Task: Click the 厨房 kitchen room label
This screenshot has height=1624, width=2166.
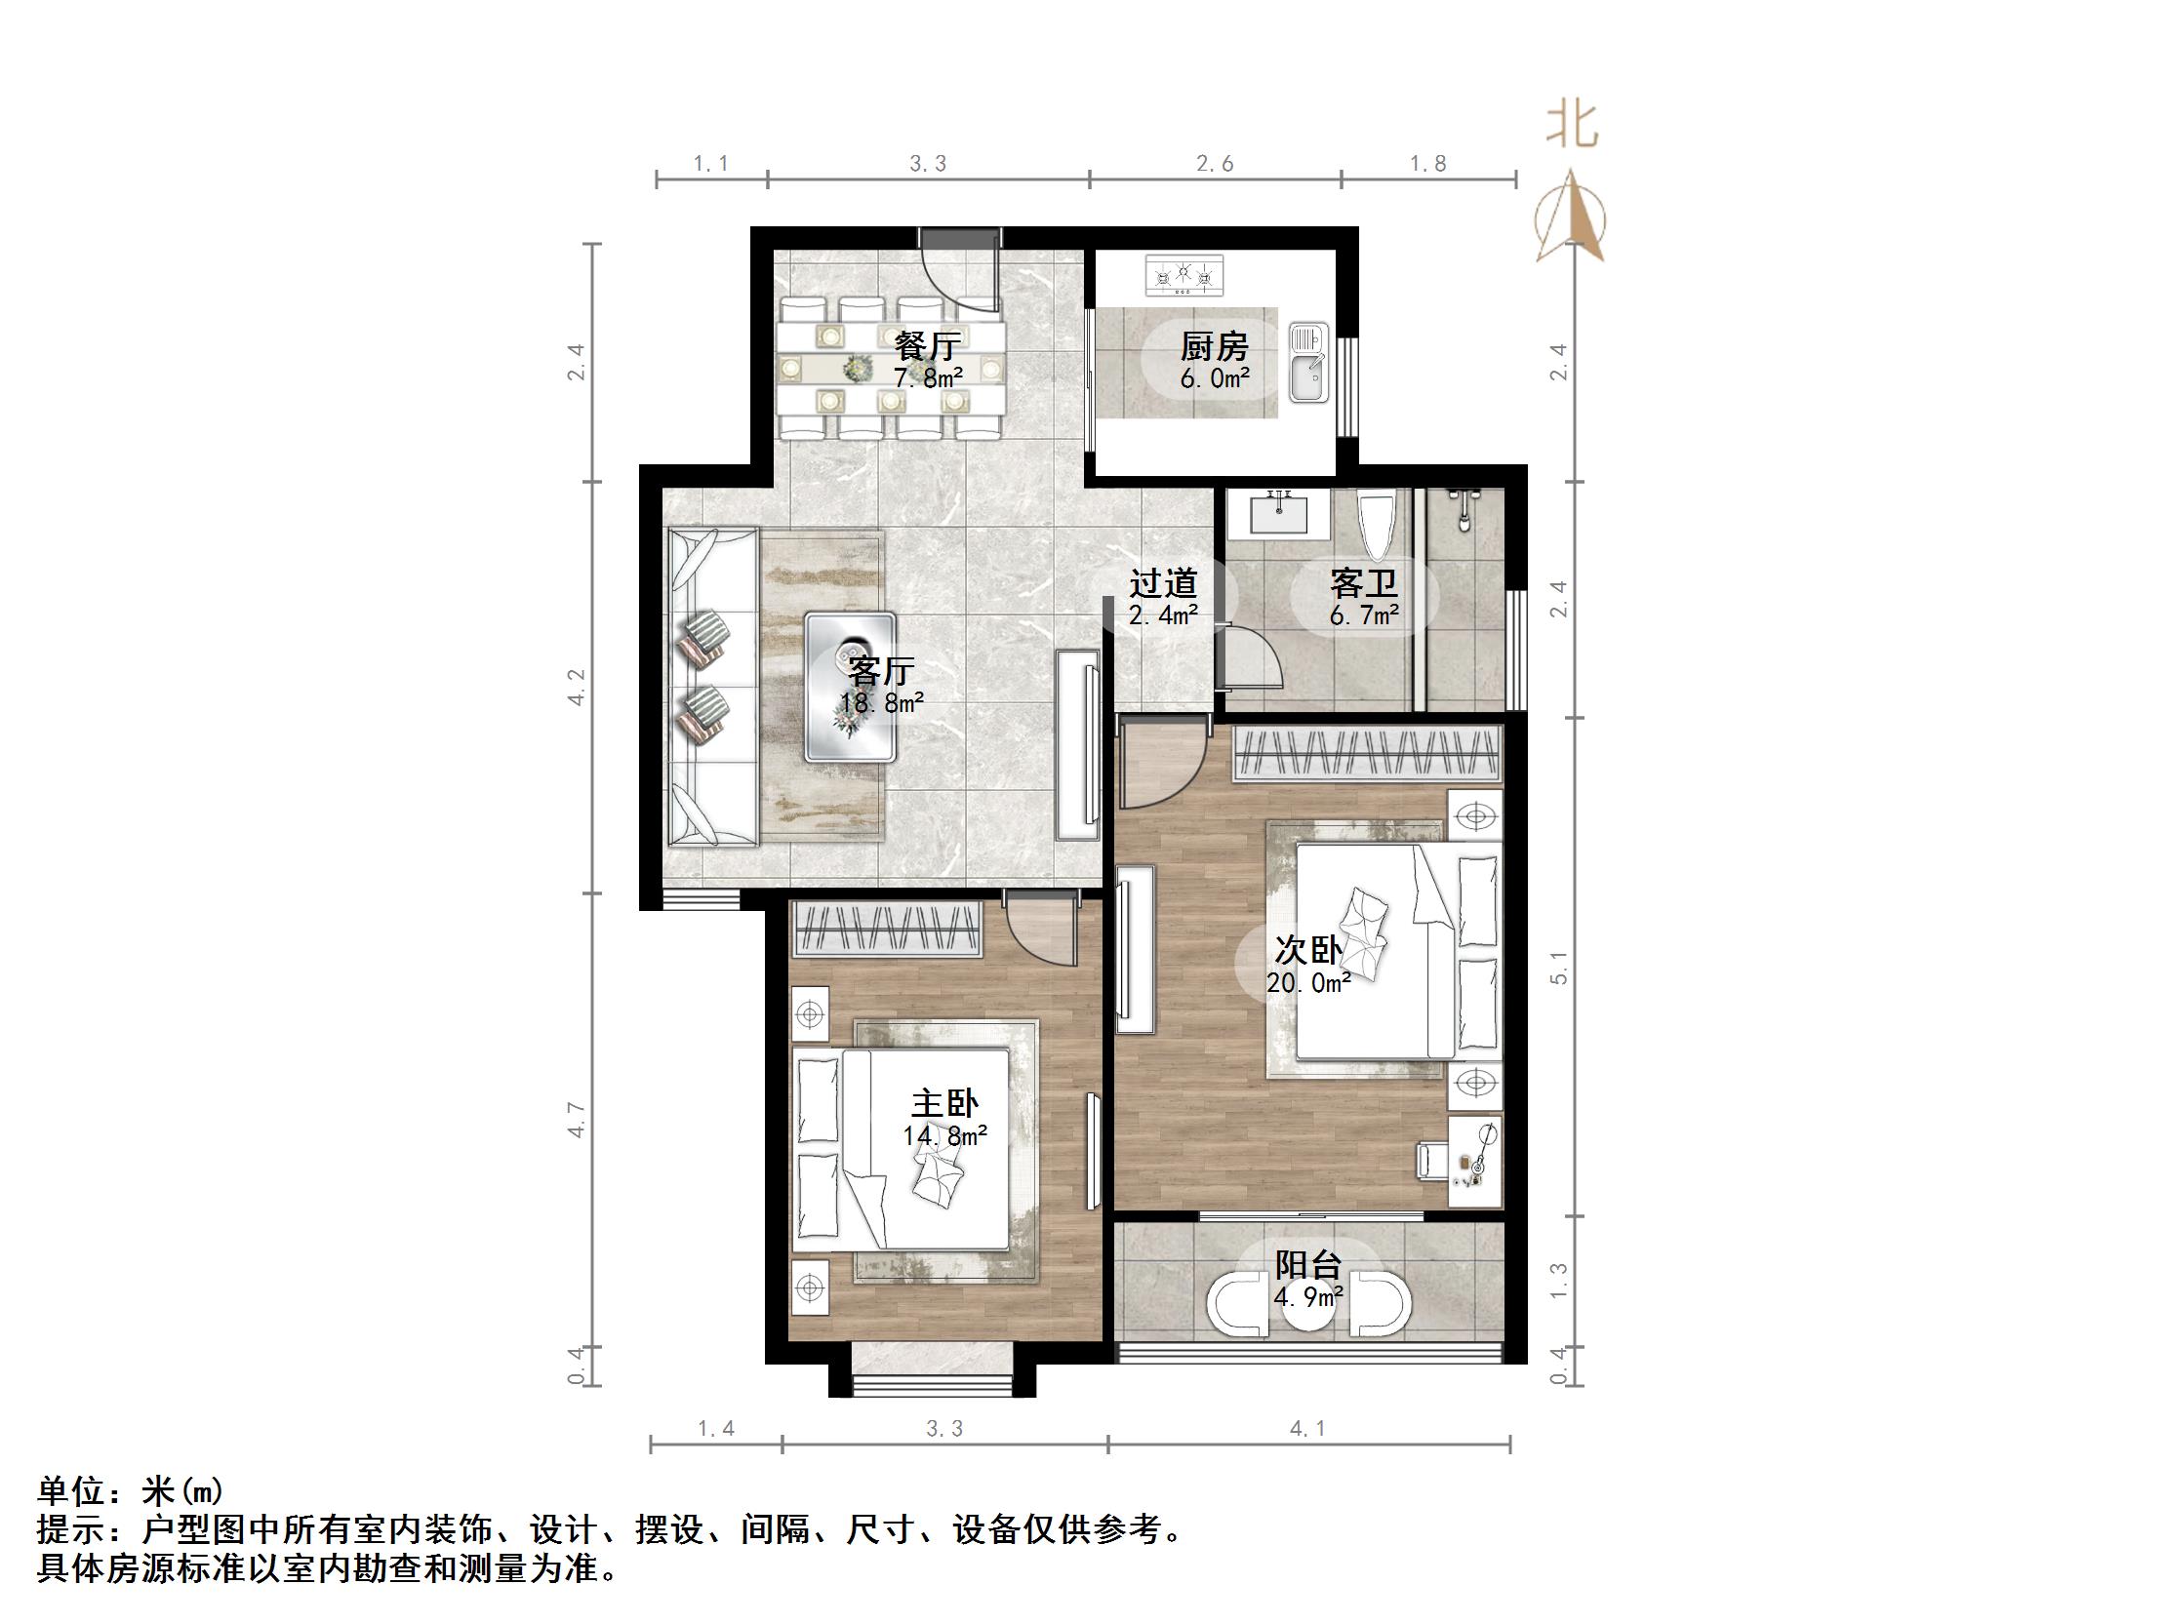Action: (x=1214, y=346)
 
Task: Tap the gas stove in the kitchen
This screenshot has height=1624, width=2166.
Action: (x=1183, y=275)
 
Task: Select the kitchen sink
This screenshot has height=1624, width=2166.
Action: (x=1307, y=363)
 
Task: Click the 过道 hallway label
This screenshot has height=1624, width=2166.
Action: (x=1163, y=584)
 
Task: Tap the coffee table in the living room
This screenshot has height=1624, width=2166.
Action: (x=850, y=688)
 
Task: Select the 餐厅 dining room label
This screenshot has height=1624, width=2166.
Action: (x=926, y=345)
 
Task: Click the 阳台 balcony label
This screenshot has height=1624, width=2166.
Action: (x=1307, y=1265)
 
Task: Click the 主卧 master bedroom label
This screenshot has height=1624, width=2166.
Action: (x=943, y=1104)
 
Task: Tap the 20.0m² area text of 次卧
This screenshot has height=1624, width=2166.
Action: (x=1308, y=983)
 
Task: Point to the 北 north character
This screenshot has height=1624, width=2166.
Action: (x=1574, y=125)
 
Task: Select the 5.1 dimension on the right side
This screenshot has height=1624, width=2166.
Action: (x=1559, y=968)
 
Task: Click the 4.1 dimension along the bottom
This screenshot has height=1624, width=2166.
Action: (x=1307, y=1429)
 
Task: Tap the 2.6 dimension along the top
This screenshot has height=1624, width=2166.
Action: (x=1214, y=165)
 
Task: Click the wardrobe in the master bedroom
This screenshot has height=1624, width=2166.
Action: (x=887, y=929)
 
